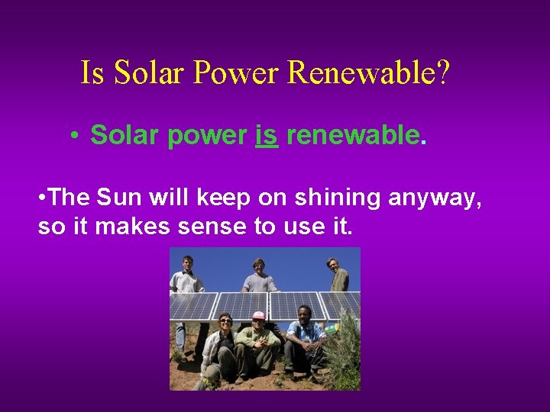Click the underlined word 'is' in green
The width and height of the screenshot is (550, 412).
[x=267, y=135]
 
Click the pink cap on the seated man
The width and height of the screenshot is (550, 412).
[x=259, y=315]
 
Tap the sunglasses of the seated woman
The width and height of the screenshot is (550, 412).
[x=225, y=320]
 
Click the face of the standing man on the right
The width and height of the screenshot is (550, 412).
[x=333, y=264]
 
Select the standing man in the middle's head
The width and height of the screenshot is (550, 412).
[x=260, y=266]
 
